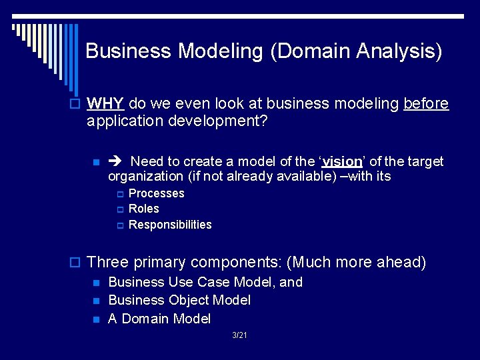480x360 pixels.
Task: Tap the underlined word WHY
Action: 105,103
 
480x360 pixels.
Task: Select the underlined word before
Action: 426,103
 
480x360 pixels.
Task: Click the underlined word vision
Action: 343,161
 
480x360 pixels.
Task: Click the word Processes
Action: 156,193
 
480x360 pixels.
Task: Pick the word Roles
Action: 143,209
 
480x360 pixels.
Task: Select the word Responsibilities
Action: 169,225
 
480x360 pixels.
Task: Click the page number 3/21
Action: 239,335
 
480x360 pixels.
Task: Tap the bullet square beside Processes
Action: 120,194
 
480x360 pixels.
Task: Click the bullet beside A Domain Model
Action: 96,320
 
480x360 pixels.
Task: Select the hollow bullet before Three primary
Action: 78,262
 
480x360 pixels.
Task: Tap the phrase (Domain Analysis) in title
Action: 356,51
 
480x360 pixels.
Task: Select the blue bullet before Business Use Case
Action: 96,283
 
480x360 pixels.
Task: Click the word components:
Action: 231,262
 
